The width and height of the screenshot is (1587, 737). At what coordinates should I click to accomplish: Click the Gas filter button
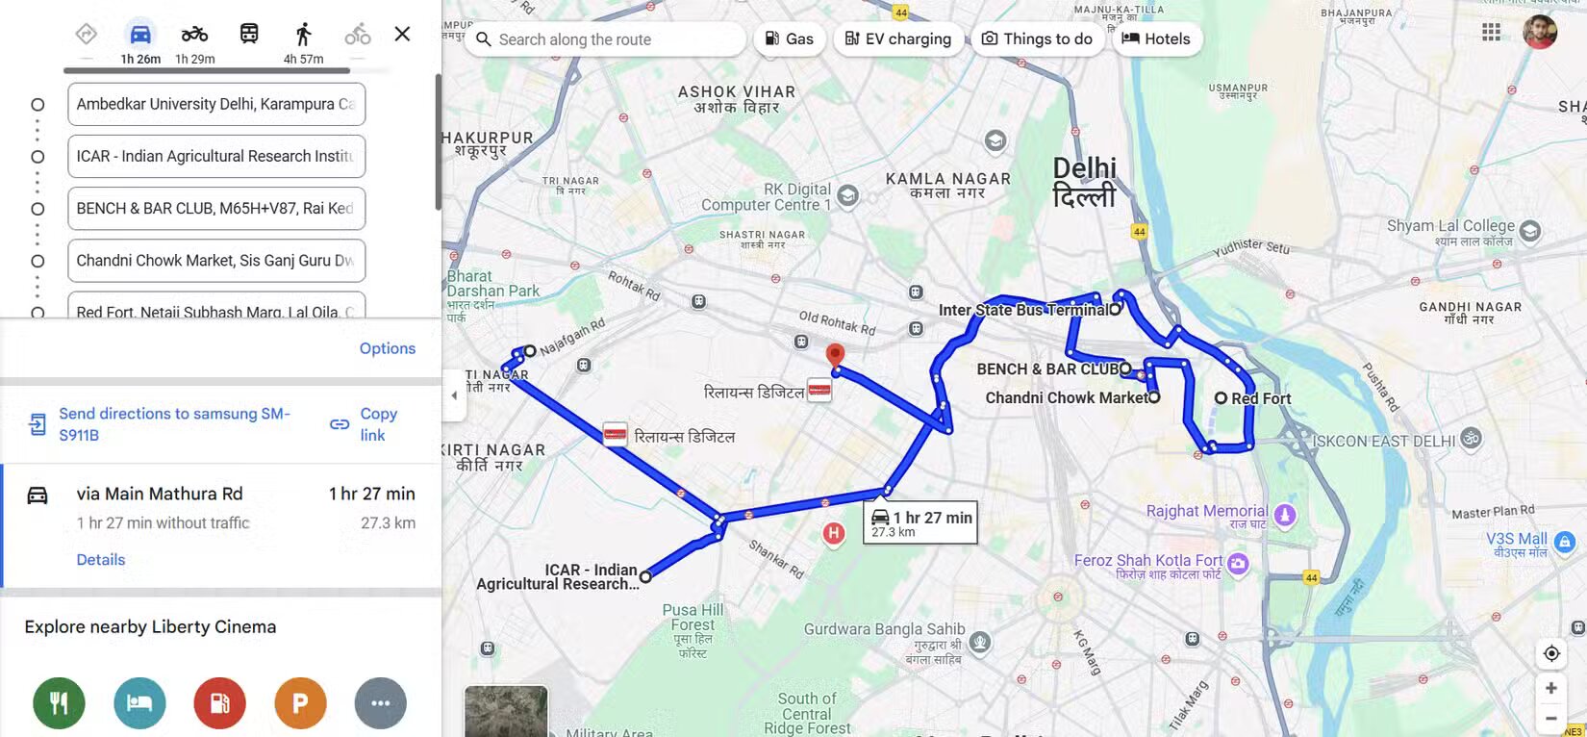[x=789, y=39]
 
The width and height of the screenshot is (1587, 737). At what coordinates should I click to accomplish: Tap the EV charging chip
[x=898, y=39]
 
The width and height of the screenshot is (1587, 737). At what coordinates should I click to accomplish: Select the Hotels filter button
[x=1156, y=39]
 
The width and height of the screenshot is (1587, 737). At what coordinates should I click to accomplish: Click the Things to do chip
[x=1037, y=39]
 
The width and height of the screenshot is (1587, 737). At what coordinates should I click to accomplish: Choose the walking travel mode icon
[x=303, y=36]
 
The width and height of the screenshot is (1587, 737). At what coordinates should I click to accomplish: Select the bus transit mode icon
[x=249, y=35]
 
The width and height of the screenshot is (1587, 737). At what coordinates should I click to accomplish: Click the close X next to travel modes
[x=402, y=35]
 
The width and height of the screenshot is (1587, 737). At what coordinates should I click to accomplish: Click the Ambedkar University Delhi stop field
[x=216, y=104]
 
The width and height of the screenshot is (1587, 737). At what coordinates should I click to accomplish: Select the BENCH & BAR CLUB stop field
[x=216, y=209]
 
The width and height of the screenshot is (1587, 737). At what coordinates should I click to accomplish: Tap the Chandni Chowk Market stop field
[x=216, y=261]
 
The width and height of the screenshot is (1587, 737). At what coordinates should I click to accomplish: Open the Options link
[x=388, y=348]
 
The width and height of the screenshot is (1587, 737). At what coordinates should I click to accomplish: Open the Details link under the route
[x=101, y=560]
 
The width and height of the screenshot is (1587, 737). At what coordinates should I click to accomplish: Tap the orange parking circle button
[x=300, y=703]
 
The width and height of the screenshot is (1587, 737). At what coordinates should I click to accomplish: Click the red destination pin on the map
[x=835, y=355]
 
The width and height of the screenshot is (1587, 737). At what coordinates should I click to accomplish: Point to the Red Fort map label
[x=1261, y=398]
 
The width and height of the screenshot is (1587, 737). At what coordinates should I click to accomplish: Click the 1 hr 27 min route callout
[x=920, y=522]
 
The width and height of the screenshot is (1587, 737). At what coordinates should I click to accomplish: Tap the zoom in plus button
[x=1550, y=688]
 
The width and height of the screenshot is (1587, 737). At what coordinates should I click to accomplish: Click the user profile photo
[x=1539, y=32]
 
